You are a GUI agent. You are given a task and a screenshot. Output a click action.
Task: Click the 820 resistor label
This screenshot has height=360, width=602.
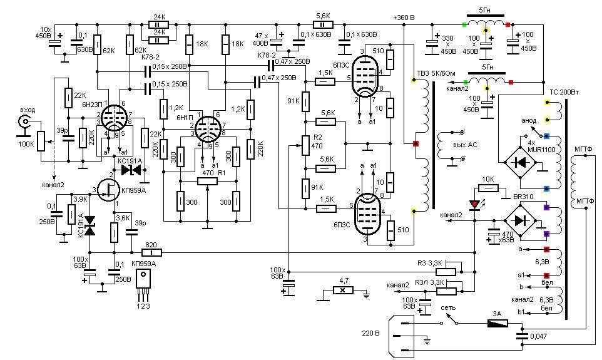[150, 245]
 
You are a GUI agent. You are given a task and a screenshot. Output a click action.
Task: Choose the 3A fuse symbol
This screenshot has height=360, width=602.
[499, 324]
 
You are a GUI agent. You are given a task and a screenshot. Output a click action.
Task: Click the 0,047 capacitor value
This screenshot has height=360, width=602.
[539, 337]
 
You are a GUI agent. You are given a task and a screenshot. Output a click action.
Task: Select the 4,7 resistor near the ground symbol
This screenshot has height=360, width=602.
[342, 291]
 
